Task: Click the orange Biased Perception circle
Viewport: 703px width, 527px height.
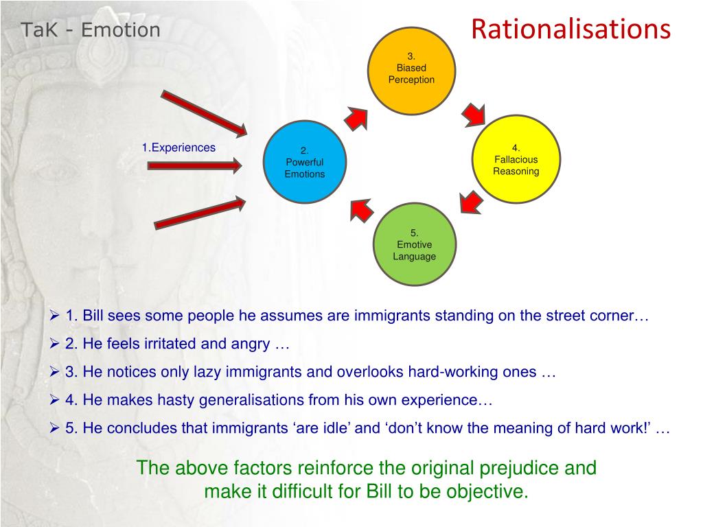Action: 412,68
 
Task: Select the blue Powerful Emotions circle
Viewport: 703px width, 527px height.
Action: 305,163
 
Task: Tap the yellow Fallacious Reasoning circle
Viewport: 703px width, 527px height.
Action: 516,159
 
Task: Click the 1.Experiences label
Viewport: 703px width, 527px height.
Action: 178,148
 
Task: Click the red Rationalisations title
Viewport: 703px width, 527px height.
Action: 570,30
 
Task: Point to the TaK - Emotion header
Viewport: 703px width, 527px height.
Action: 90,30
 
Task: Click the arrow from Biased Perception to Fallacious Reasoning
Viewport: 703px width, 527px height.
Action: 474,114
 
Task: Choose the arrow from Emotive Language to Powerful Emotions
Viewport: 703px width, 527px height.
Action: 361,209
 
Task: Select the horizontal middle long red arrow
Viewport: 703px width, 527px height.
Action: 194,165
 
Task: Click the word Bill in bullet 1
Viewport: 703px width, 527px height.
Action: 95,316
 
